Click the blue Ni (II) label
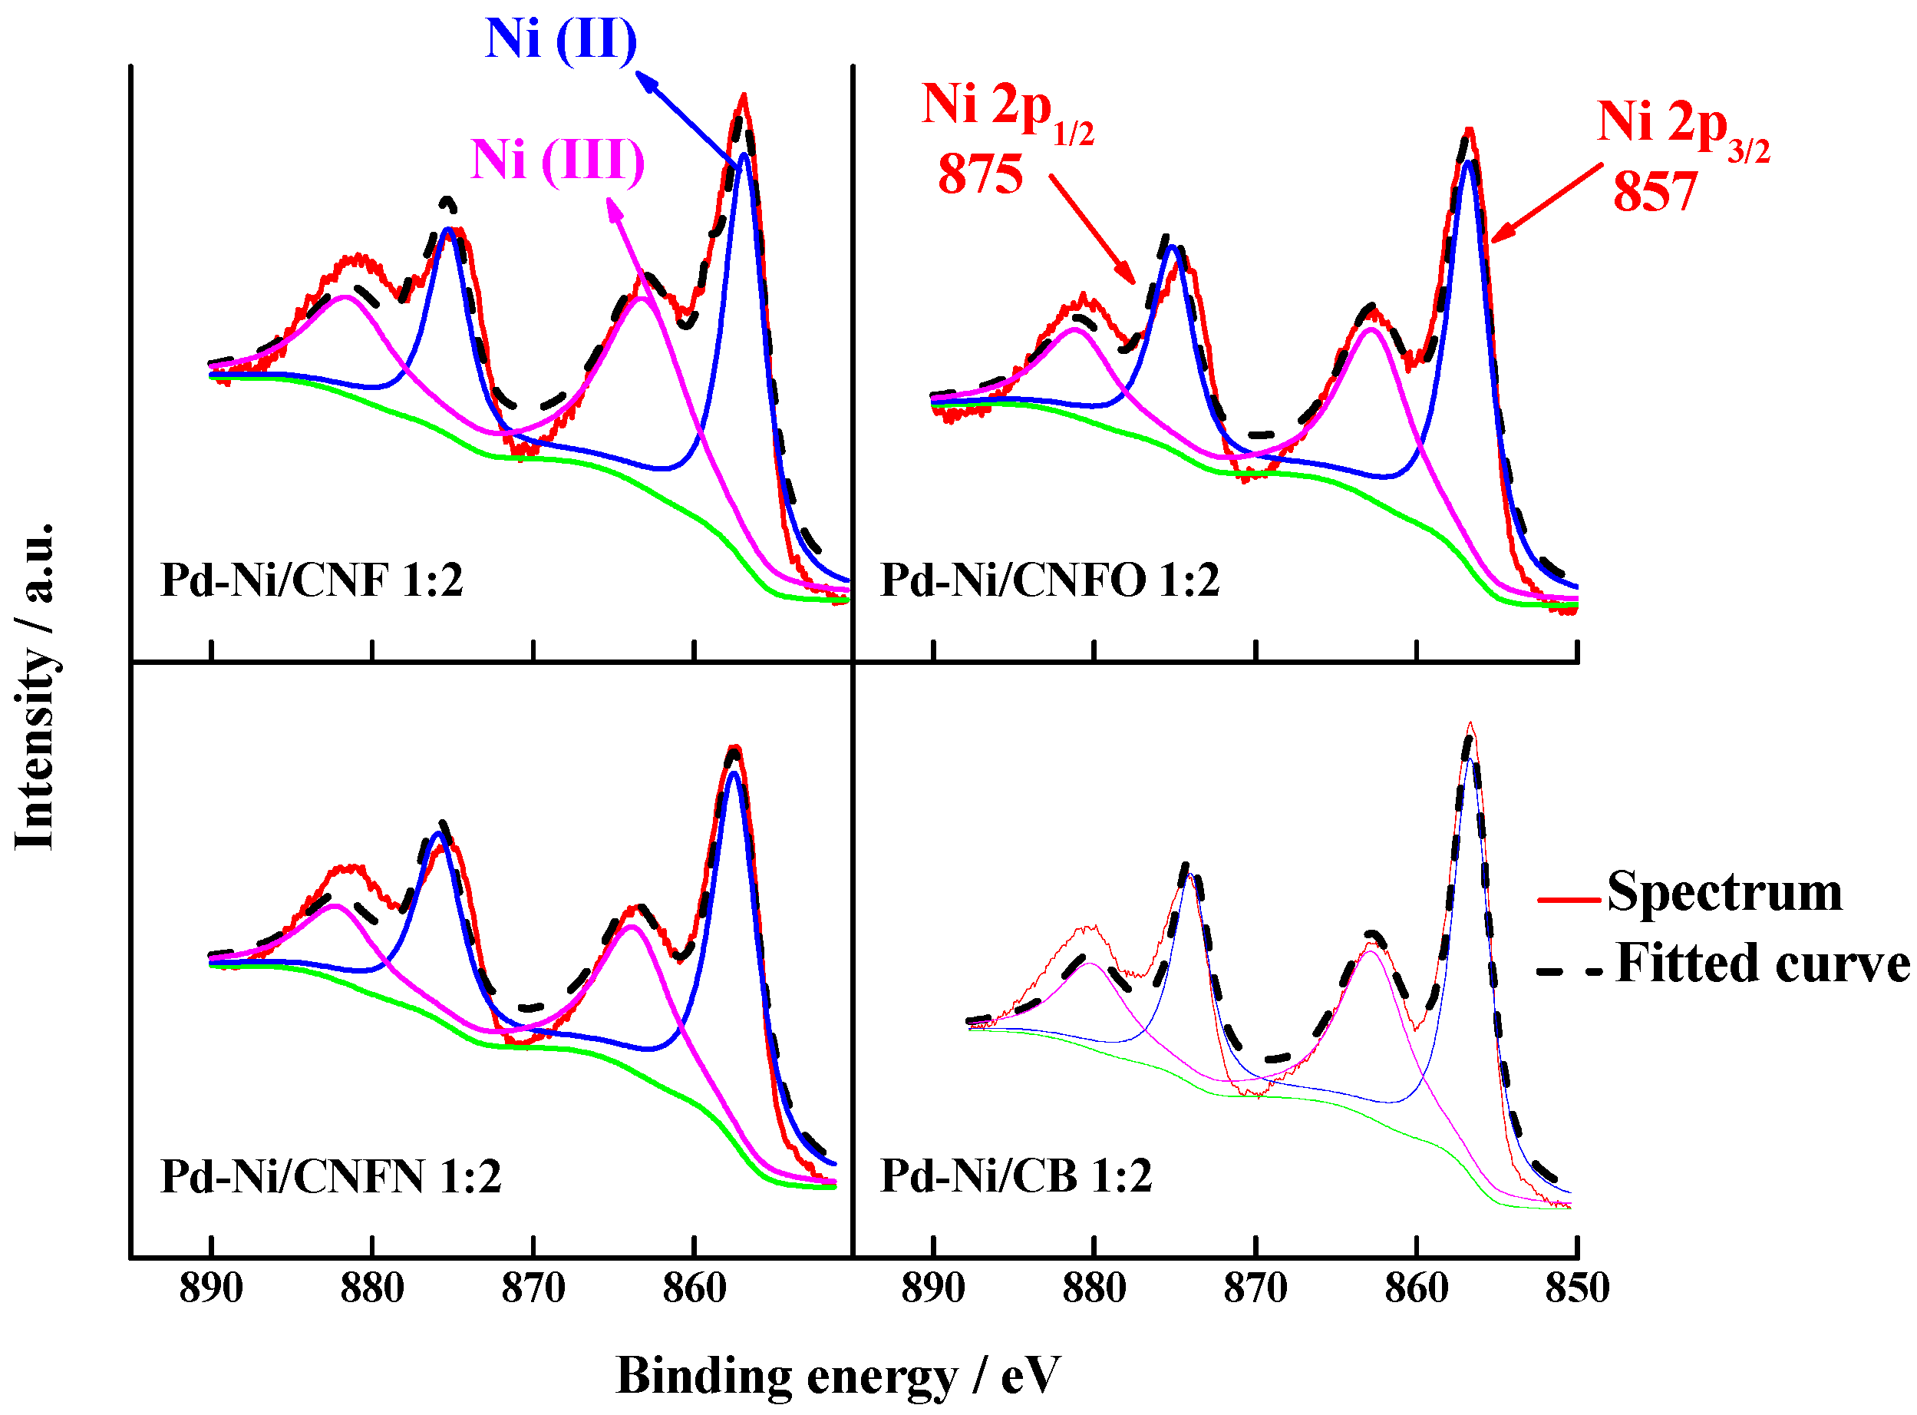click(x=562, y=39)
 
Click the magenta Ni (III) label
click(x=557, y=160)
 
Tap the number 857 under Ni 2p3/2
click(x=1655, y=192)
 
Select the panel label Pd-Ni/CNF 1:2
click(x=312, y=580)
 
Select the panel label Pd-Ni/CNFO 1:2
click(x=1050, y=580)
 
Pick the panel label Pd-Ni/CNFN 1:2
click(x=331, y=1177)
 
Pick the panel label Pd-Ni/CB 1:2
click(x=1016, y=1177)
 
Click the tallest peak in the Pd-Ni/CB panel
click(x=1471, y=726)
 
